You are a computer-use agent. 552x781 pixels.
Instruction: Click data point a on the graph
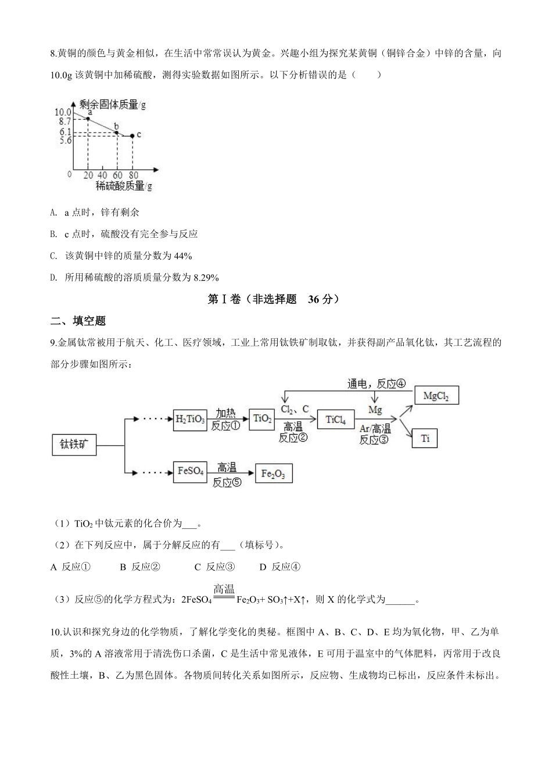click(88, 119)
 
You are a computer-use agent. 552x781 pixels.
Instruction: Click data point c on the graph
click(132, 135)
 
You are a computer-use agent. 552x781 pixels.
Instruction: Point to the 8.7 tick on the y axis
click(64, 121)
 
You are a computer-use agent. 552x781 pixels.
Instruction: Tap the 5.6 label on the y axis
click(64, 141)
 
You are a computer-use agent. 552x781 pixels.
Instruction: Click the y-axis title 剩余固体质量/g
click(113, 105)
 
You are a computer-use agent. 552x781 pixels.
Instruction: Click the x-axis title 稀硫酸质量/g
click(124, 186)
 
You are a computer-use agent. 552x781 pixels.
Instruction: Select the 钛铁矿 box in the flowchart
click(74, 445)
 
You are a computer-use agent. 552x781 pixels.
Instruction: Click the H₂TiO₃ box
click(190, 420)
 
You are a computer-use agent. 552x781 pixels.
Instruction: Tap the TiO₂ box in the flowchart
click(261, 418)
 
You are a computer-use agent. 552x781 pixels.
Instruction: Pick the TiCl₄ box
click(335, 420)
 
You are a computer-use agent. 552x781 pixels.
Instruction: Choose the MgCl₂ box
click(436, 396)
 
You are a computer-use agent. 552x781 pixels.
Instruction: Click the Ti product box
click(425, 438)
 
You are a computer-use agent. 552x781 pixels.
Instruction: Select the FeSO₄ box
click(190, 471)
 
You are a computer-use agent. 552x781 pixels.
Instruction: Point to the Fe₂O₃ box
click(273, 474)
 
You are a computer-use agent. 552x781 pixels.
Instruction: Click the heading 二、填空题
click(78, 321)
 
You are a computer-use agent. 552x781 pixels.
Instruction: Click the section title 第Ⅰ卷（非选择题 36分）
click(273, 299)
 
